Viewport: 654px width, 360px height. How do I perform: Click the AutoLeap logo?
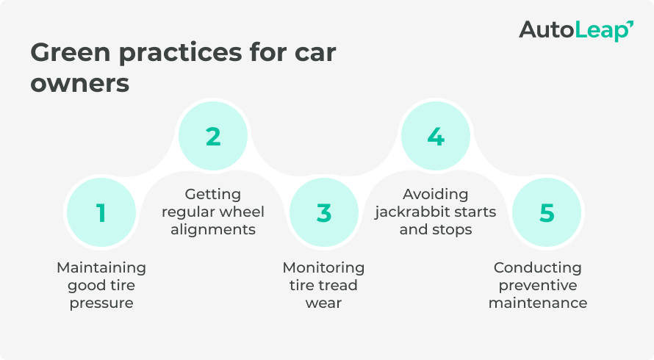pos(576,30)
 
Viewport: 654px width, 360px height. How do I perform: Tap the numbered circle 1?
pos(101,213)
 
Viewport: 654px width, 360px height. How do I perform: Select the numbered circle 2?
pos(213,137)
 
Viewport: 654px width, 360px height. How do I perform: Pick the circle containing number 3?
pos(324,213)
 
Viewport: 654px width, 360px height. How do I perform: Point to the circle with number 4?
pos(436,137)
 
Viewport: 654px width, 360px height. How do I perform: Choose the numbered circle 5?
pos(547,213)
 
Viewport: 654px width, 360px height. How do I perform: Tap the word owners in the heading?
pos(79,83)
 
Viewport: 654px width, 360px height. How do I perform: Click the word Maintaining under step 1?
pos(101,267)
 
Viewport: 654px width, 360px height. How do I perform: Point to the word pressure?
pos(101,303)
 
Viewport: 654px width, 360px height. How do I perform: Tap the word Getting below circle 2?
pos(213,195)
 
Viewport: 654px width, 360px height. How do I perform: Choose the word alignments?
pos(213,230)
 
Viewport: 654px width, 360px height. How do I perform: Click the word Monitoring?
pos(323,267)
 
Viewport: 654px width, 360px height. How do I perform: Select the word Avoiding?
pos(436,195)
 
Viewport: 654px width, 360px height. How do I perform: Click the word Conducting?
pos(537,267)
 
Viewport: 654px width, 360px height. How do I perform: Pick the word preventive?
pos(537,285)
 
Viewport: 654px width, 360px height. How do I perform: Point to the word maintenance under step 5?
pos(537,303)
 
